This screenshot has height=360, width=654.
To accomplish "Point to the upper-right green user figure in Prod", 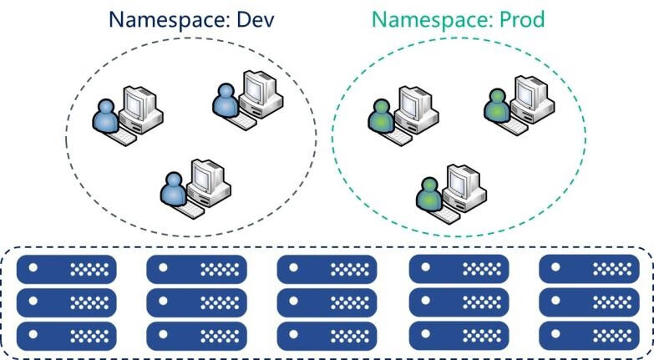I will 496,106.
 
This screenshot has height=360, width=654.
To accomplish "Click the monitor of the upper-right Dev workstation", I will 255,88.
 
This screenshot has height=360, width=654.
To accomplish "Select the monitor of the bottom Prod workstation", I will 462,180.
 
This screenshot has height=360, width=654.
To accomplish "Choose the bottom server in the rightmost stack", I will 590,333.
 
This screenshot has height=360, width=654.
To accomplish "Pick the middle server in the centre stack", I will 327,301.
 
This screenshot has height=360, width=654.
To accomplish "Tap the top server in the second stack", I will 196,269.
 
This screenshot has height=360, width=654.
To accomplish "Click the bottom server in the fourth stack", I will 459,333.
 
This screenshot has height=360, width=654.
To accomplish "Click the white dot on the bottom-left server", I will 35,333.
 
